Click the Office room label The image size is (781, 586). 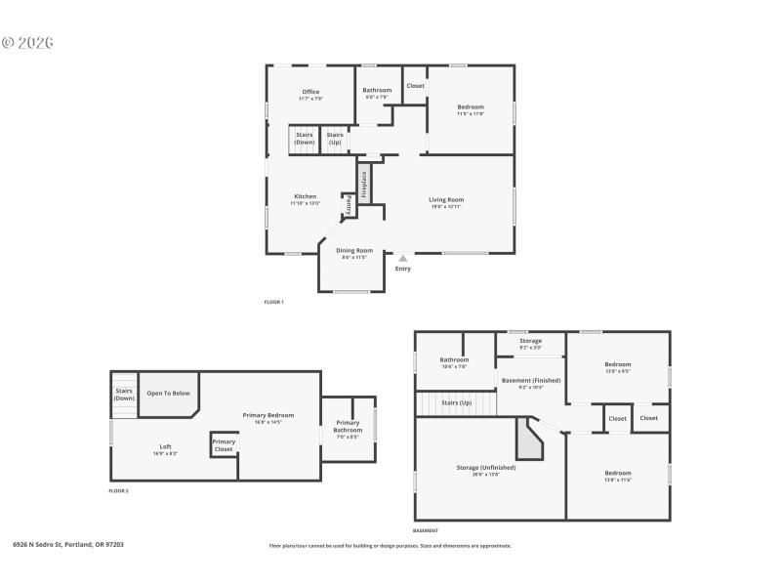click(x=310, y=92)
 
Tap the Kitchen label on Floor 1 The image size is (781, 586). click(x=305, y=196)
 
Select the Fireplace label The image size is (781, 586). click(x=364, y=186)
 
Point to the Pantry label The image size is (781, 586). click(x=348, y=205)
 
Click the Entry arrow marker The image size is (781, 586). click(x=402, y=259)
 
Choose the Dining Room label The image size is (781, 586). click(x=354, y=251)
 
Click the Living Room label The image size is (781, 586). click(x=446, y=199)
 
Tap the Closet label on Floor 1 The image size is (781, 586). click(x=415, y=86)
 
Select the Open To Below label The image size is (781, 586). click(x=168, y=393)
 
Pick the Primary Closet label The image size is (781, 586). click(x=224, y=444)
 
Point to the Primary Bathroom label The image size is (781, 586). click(x=348, y=426)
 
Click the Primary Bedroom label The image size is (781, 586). click(x=267, y=415)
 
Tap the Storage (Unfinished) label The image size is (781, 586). click(x=485, y=468)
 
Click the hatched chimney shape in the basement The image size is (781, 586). click(x=528, y=440)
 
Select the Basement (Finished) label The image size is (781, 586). click(x=530, y=380)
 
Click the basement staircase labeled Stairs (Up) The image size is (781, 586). click(x=456, y=402)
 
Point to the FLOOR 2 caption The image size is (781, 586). click(x=118, y=490)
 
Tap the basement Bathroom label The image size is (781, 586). click(x=453, y=359)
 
